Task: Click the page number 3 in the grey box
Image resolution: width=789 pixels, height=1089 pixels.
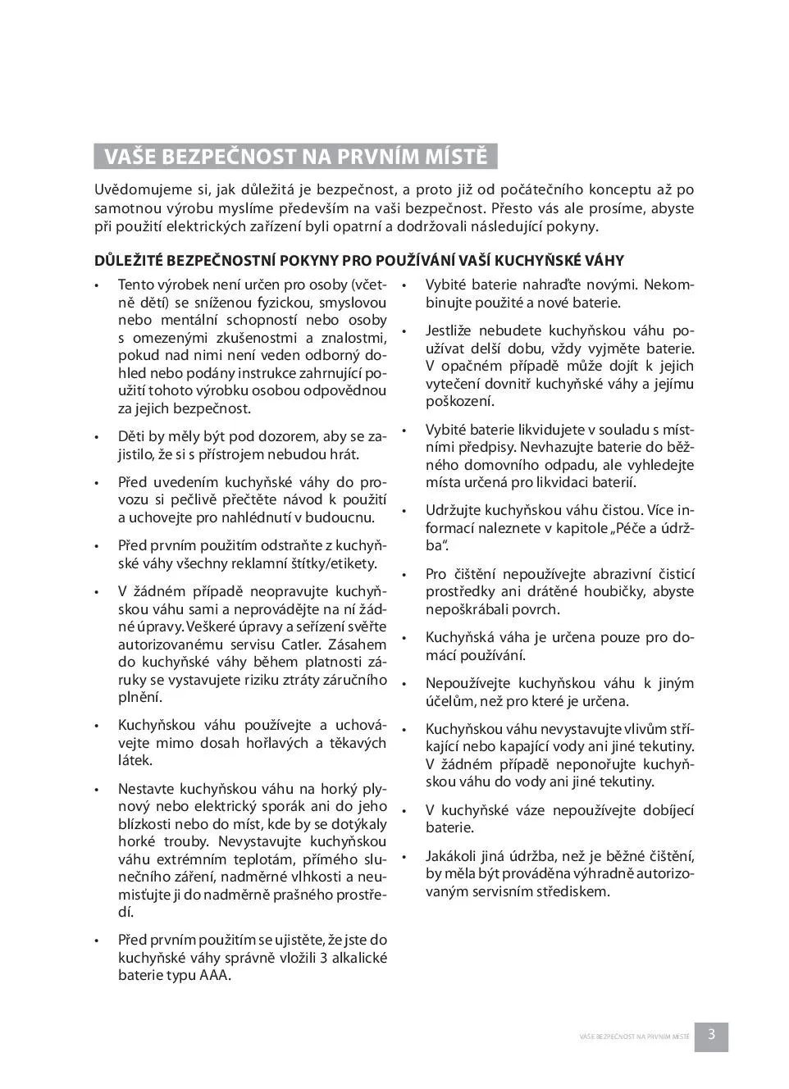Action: tap(711, 1035)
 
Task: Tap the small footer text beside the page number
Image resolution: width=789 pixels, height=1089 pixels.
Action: tap(634, 1037)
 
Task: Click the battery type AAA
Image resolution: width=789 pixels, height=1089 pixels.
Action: tap(214, 976)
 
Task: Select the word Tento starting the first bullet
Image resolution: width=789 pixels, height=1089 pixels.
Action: tap(136, 285)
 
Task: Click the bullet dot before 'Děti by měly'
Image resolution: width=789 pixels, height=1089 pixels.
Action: tap(97, 438)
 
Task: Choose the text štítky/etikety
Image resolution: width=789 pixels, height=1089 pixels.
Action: tap(330, 563)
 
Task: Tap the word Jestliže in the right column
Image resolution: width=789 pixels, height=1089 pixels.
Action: tap(449, 330)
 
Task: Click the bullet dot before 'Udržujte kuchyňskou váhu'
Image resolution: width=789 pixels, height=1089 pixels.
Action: tap(404, 512)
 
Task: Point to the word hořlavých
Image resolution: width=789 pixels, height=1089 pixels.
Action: tap(272, 743)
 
